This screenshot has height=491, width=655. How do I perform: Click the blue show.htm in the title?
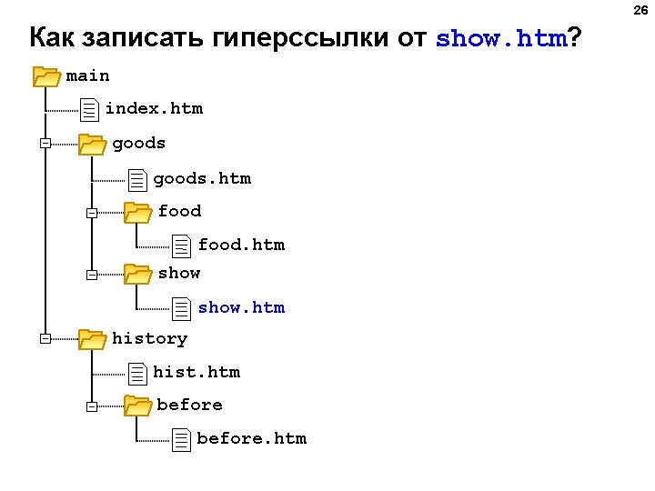501,39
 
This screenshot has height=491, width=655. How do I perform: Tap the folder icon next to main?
45,76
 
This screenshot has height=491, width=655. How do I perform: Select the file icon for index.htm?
88,111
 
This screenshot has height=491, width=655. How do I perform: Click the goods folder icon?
91,144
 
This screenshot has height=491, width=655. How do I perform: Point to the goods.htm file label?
202,178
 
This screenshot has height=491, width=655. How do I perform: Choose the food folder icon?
137,213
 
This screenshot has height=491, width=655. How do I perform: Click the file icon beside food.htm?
182,245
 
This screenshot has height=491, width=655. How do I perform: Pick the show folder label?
179,273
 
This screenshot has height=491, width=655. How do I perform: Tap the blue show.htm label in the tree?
241,307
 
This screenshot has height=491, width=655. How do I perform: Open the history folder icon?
91,339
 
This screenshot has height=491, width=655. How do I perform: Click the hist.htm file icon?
137,373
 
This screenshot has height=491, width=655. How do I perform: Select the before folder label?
189,405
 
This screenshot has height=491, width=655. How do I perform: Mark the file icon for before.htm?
182,439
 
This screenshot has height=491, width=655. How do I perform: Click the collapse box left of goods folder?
45,144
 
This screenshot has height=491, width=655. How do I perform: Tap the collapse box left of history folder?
45,339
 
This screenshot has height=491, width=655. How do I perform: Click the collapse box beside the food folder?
91,214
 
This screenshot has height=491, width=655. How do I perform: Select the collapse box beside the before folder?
91,406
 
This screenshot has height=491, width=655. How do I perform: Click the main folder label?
87,76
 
